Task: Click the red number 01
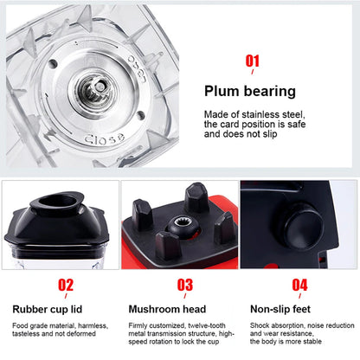coord(253,61)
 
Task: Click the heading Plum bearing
coord(248,89)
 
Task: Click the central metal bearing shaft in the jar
coord(93,88)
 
